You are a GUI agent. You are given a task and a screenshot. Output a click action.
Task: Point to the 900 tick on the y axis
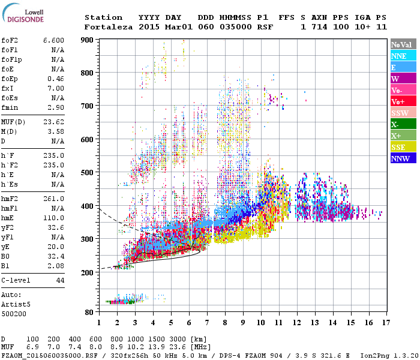click(89, 40)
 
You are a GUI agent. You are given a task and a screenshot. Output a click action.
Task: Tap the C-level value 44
click(59, 280)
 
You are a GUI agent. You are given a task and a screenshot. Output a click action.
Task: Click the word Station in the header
click(103, 17)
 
